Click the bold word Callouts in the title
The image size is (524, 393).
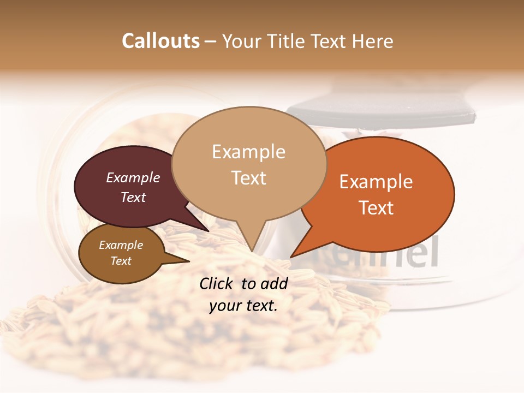point(160,41)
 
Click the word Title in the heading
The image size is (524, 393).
point(287,41)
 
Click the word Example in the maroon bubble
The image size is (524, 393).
point(133,178)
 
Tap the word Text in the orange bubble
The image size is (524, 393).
point(377,208)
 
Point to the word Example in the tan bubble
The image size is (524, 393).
point(248,152)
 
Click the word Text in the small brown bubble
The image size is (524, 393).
point(121,261)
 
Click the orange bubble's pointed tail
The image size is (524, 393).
point(295,254)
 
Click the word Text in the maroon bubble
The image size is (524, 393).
point(133,197)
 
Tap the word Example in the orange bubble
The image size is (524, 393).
point(376,182)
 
